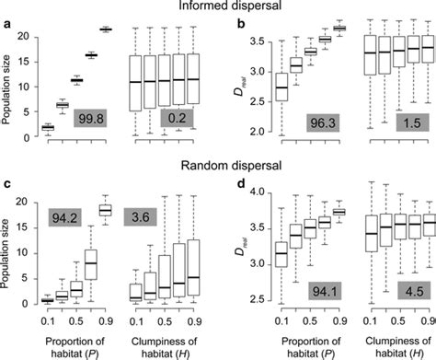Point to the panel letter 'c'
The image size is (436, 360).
click(x=7, y=192)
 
